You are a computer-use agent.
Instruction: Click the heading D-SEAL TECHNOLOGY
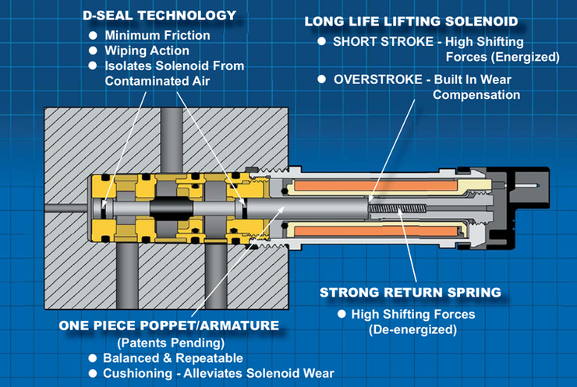click(159, 16)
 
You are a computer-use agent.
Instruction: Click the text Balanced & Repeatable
click(173, 358)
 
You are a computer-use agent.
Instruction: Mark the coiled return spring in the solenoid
click(397, 208)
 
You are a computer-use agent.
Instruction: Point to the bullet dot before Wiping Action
click(94, 51)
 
